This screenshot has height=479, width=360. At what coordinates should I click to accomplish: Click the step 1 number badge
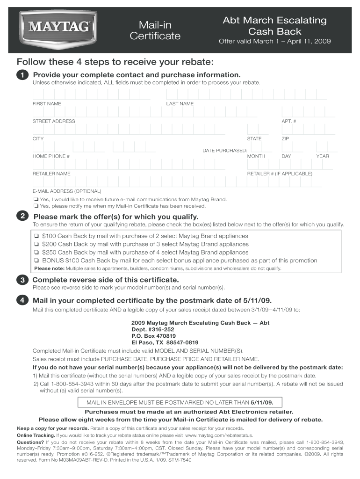(x=22, y=75)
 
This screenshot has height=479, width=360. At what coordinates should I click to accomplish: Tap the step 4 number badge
(x=22, y=300)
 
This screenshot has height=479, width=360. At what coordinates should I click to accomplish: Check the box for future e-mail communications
(x=36, y=199)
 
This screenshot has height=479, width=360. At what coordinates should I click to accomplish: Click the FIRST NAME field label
(x=46, y=103)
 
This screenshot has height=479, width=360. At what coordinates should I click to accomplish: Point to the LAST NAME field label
(x=180, y=103)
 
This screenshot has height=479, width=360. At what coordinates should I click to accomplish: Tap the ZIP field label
(x=285, y=139)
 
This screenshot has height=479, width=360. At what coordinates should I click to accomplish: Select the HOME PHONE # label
(x=51, y=156)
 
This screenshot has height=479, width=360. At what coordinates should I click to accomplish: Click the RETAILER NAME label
(x=51, y=174)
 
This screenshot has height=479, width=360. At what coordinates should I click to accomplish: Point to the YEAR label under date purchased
(x=322, y=156)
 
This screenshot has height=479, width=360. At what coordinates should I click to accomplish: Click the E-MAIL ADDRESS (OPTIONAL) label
(x=66, y=191)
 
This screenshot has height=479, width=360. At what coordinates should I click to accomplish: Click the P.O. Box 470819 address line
(x=153, y=336)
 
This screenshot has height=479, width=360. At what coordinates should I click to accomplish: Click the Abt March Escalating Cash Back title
(x=274, y=26)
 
